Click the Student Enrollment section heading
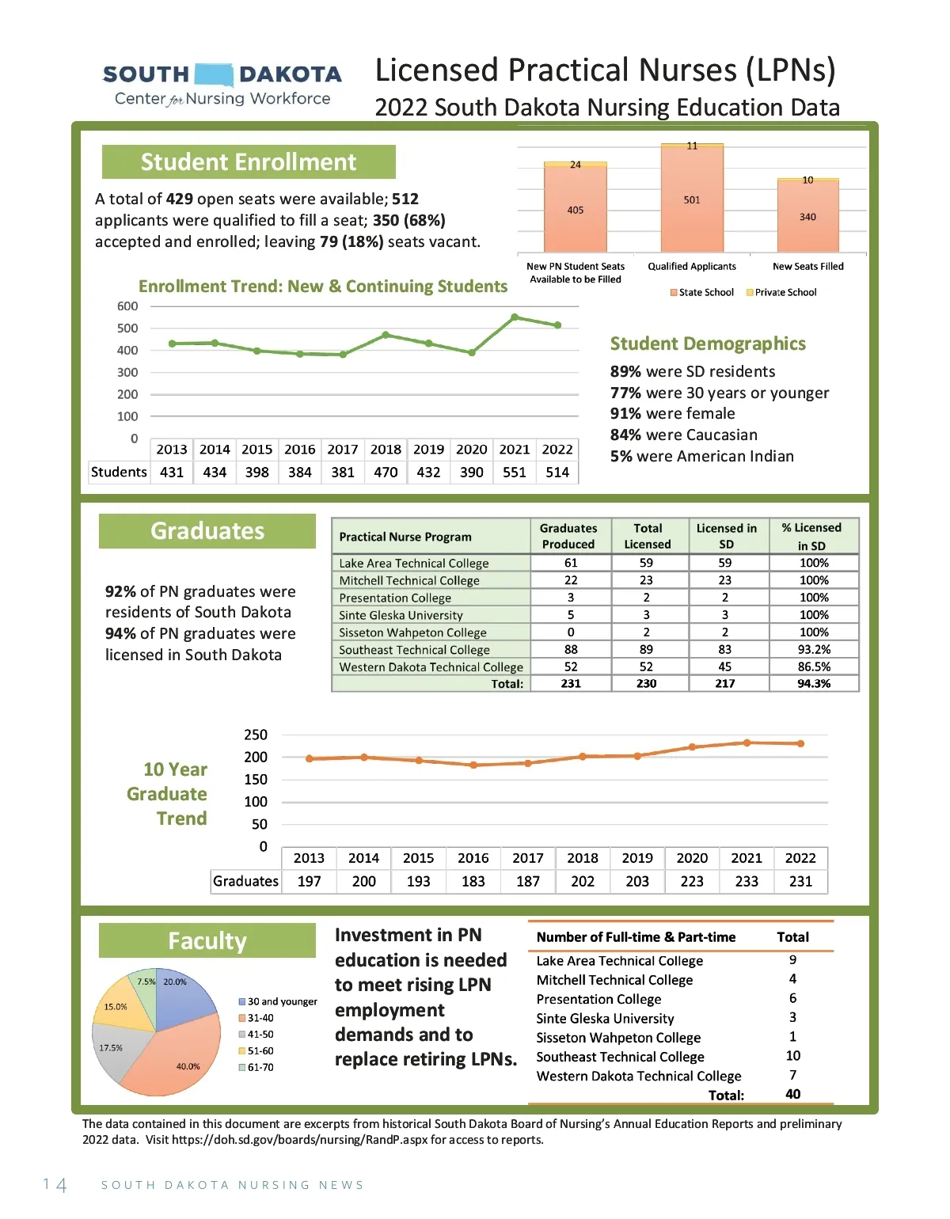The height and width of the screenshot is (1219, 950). (x=249, y=162)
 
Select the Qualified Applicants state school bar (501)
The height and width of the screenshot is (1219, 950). (x=692, y=199)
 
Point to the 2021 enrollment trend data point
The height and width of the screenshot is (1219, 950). (x=515, y=317)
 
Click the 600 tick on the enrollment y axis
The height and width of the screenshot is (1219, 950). (x=127, y=306)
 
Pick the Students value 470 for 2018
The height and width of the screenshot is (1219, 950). (x=386, y=473)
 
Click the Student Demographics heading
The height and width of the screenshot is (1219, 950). (x=708, y=344)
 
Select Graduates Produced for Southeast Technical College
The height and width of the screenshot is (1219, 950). (x=571, y=649)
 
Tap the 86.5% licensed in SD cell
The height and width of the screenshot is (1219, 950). (x=814, y=666)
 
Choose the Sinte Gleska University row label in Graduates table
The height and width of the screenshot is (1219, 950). (x=401, y=615)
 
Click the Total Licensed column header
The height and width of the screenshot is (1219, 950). (x=648, y=536)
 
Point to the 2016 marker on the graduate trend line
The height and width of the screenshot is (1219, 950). (x=473, y=765)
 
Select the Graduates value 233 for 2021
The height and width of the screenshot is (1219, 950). (x=747, y=881)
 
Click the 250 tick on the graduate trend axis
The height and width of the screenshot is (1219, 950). (x=256, y=735)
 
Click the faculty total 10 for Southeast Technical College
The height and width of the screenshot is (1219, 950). (x=793, y=1056)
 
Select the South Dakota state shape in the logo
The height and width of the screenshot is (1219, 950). (x=214, y=74)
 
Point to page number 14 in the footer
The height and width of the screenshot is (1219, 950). (x=55, y=1185)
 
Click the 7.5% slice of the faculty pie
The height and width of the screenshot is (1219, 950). (x=146, y=985)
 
